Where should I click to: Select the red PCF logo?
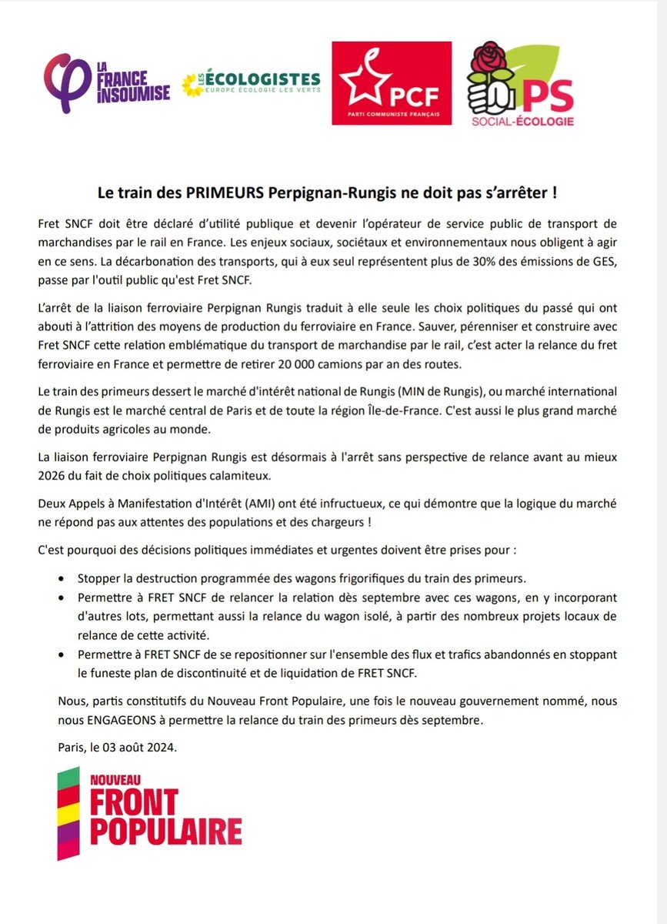pos(391,83)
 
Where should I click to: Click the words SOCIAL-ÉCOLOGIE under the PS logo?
pos(523,121)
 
